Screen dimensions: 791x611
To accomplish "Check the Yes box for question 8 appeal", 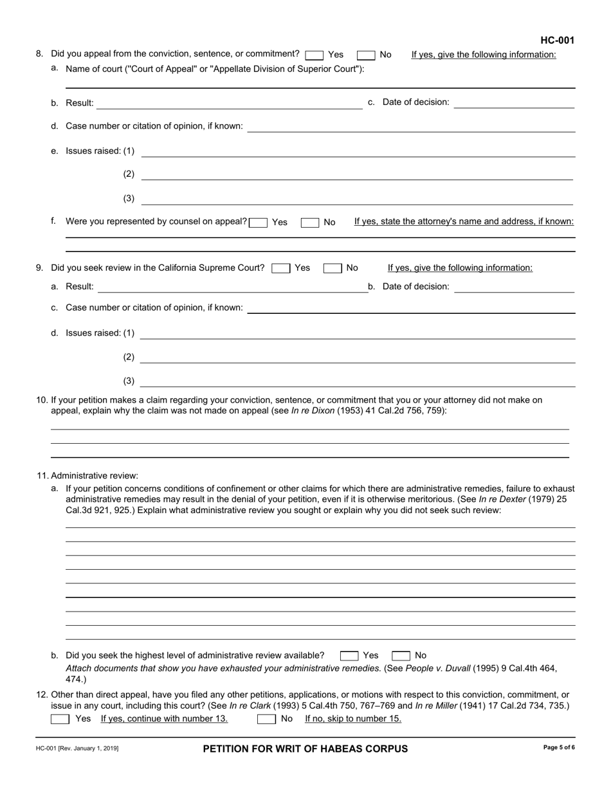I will pyautogui.click(x=315, y=55).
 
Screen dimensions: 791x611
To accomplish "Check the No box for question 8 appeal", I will pyautogui.click(x=366, y=55).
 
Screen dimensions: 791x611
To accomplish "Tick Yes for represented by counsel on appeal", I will pyautogui.click(x=259, y=223).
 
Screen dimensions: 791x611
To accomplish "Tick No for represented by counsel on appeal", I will pyautogui.click(x=310, y=223).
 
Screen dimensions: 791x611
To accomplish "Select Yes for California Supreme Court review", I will pyautogui.click(x=281, y=268).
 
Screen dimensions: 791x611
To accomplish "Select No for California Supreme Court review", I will pyautogui.click(x=333, y=268).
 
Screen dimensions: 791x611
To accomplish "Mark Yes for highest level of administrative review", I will pyautogui.click(x=349, y=656).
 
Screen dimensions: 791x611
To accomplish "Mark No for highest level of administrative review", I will pyautogui.click(x=401, y=656).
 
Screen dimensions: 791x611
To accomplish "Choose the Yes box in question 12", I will pyautogui.click(x=60, y=719).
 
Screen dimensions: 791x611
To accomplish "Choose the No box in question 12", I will pyautogui.click(x=266, y=719).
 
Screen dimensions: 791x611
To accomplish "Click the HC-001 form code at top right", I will pyautogui.click(x=557, y=41).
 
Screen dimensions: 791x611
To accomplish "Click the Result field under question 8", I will pyautogui.click(x=230, y=103).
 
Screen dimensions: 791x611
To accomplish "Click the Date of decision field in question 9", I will pyautogui.click(x=514, y=287).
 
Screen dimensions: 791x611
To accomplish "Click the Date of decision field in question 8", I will pyautogui.click(x=514, y=103).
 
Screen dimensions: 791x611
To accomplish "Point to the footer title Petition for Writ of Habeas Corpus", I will pyautogui.click(x=305, y=749).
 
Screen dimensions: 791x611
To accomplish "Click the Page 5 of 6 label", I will pyautogui.click(x=559, y=748).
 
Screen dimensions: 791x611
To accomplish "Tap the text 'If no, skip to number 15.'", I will pyautogui.click(x=353, y=719).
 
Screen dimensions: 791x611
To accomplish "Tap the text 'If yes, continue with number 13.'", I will pyautogui.click(x=164, y=719).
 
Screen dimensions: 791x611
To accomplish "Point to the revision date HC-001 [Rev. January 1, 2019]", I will pyautogui.click(x=77, y=749).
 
